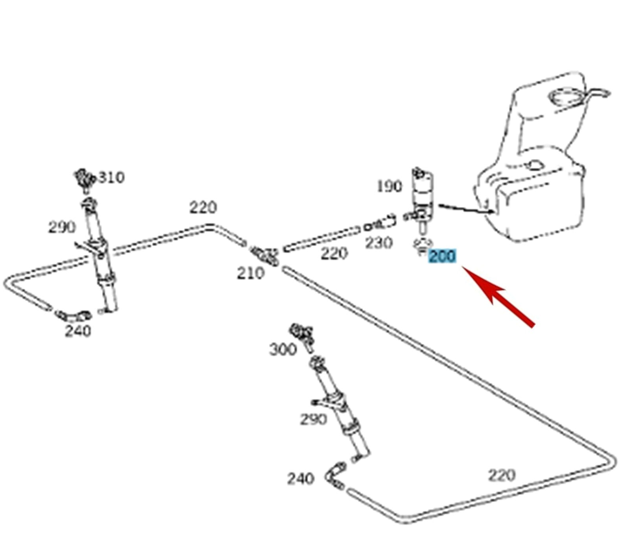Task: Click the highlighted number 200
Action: pos(442,256)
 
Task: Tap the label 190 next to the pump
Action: pos(389,186)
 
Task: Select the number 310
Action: pos(111,177)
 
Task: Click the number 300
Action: pos(283,349)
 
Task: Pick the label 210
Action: pos(250,273)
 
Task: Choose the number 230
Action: pos(379,243)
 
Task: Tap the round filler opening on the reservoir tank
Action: pos(566,97)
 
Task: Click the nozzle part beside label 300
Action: pos(302,335)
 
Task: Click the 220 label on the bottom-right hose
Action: pos(501,475)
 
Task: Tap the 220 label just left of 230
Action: pos(334,254)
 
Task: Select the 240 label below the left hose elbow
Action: pos(78,331)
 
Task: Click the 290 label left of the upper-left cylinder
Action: pos(61,227)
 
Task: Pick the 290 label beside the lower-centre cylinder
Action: pos(313,420)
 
